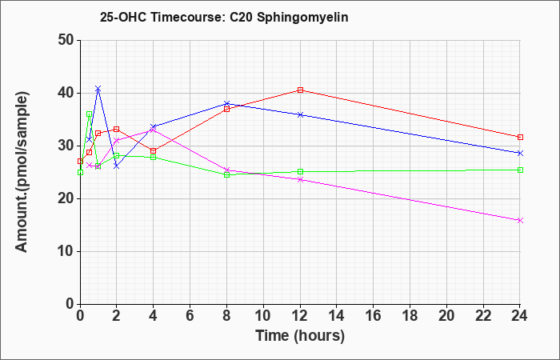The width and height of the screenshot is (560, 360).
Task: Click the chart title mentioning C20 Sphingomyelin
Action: tap(224, 17)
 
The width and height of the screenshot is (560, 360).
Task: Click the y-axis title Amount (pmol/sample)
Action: tap(22, 172)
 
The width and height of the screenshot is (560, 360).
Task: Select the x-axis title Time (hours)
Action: tap(300, 336)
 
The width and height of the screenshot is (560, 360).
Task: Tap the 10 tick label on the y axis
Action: tap(66, 251)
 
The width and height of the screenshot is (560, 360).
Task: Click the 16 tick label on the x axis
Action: tap(374, 316)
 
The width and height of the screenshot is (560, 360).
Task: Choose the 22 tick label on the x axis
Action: tap(483, 316)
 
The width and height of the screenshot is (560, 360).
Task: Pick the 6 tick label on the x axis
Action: tap(190, 316)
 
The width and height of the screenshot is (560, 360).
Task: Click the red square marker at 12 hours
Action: tap(300, 90)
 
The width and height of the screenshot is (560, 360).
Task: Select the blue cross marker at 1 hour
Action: tap(98, 88)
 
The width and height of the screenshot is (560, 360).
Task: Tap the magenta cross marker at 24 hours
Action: tap(520, 220)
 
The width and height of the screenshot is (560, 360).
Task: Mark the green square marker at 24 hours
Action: tap(520, 170)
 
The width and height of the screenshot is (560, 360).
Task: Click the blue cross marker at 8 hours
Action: tap(226, 103)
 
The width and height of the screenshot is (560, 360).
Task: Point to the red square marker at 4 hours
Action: tap(154, 150)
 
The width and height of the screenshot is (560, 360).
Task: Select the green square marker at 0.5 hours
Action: tap(90, 114)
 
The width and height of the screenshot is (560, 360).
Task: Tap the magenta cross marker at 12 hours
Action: tap(300, 180)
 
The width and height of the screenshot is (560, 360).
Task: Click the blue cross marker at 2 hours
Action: tap(117, 166)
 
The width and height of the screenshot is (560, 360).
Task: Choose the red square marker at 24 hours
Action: tap(520, 137)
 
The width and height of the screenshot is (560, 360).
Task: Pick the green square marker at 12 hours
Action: tap(300, 172)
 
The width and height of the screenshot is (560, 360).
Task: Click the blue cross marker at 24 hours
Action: tap(520, 154)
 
